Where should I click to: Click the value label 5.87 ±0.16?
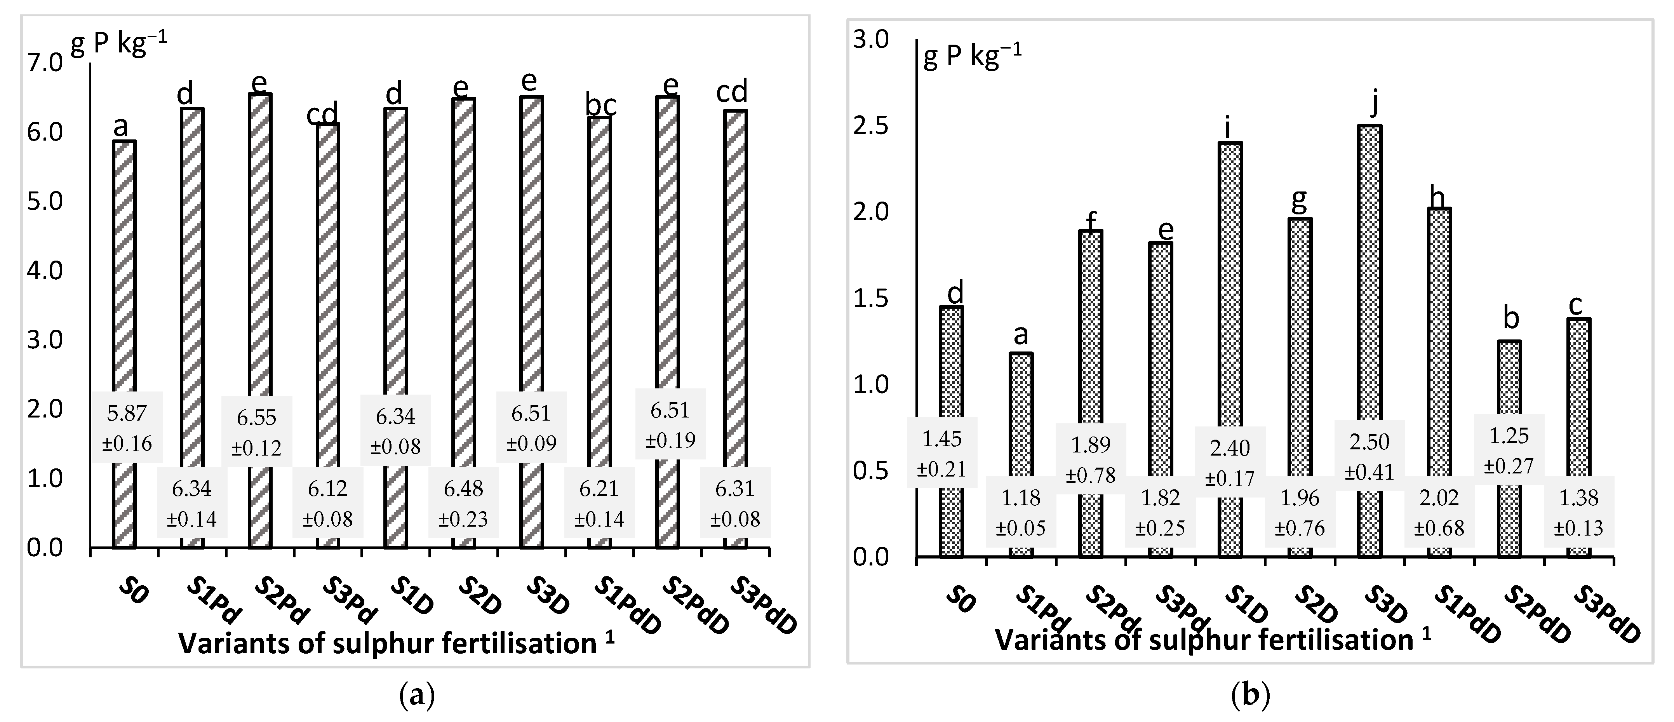click(127, 428)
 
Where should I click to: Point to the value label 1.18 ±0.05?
click(1020, 512)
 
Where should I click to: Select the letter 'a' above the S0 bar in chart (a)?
click(121, 127)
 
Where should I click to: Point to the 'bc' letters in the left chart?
click(601, 105)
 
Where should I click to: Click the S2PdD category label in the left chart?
click(695, 605)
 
